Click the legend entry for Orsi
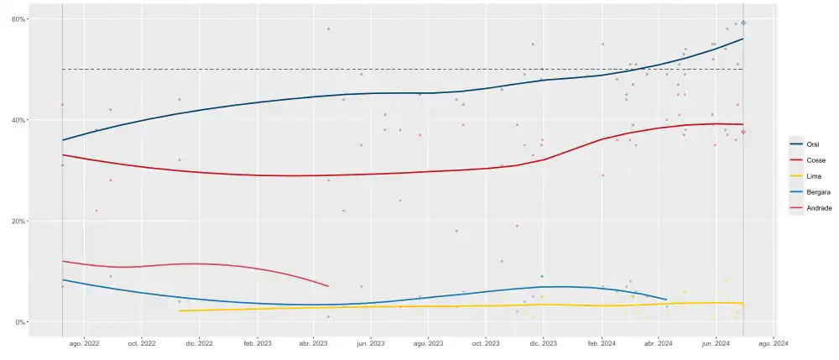pyautogui.click(x=810, y=144)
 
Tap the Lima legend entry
pyautogui.click(x=810, y=176)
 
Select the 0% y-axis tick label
pyautogui.click(x=19, y=322)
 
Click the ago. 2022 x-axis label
pyautogui.click(x=84, y=343)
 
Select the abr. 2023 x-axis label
pyautogui.click(x=314, y=343)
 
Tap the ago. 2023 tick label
pyautogui.click(x=429, y=343)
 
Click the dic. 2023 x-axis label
pyautogui.click(x=544, y=343)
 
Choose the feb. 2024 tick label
pyautogui.click(x=602, y=343)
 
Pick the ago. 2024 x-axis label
pyautogui.click(x=774, y=343)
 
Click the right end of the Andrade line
pyautogui.click(x=328, y=286)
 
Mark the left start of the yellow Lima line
pyautogui.click(x=180, y=311)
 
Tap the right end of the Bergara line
pyautogui.click(x=666, y=300)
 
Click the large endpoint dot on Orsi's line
pyautogui.click(x=743, y=23)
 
